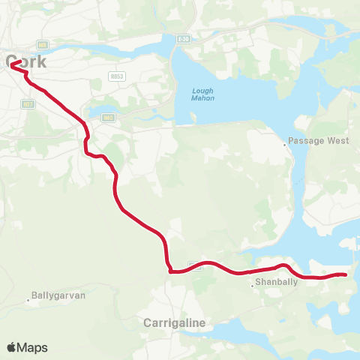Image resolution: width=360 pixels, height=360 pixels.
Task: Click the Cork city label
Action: point(25,62)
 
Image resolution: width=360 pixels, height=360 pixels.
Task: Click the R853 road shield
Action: point(116,76)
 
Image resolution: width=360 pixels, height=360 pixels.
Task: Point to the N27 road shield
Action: point(28,103)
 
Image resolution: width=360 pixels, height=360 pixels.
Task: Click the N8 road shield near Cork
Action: point(42,45)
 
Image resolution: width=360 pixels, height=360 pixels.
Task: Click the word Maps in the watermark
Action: point(33,347)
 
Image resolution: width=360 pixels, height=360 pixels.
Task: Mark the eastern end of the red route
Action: point(346,275)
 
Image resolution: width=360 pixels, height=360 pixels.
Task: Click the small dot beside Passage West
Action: point(286,145)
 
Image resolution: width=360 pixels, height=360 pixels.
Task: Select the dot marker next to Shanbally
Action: point(252,285)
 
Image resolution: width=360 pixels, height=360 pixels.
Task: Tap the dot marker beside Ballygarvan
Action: point(29,300)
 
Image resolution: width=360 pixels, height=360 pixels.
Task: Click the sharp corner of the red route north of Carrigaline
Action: point(171,271)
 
